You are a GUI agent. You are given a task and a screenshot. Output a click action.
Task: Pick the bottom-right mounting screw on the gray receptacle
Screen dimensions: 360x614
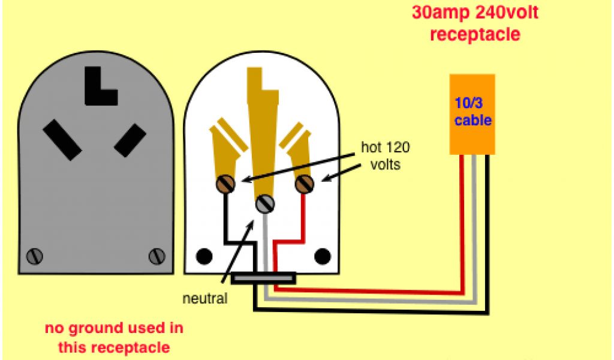coord(156,256)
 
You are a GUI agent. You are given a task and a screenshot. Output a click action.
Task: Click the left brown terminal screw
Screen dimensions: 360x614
coord(227,184)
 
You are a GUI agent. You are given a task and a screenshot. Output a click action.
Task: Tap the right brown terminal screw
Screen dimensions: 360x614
coord(304,184)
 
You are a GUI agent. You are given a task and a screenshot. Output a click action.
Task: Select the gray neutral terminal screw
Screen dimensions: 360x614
coord(264,204)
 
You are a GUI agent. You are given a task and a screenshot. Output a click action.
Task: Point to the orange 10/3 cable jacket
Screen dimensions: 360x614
coord(472,114)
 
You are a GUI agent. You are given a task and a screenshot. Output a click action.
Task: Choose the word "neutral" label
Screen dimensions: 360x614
coord(206,298)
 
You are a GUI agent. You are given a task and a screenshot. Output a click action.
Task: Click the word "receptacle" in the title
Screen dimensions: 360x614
coord(475,34)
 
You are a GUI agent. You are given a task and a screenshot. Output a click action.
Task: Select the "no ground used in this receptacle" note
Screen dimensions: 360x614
coord(114,337)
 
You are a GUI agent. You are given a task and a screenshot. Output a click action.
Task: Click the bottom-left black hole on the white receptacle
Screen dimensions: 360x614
coord(204,256)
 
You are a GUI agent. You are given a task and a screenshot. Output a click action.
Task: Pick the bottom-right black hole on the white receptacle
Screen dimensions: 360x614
coord(323,256)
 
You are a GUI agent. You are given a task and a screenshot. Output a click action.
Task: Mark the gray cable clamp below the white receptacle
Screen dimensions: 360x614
coord(264,278)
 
